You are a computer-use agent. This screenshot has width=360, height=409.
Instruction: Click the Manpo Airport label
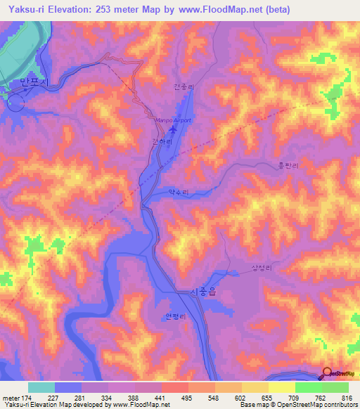173,120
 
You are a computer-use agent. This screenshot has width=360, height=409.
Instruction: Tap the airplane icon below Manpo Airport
174,130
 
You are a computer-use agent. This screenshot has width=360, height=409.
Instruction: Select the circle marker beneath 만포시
15,103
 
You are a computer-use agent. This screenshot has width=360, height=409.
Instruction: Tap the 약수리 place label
179,191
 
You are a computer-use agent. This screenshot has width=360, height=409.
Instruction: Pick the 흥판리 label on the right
288,167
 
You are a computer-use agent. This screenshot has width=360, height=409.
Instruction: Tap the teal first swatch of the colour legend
41,387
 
